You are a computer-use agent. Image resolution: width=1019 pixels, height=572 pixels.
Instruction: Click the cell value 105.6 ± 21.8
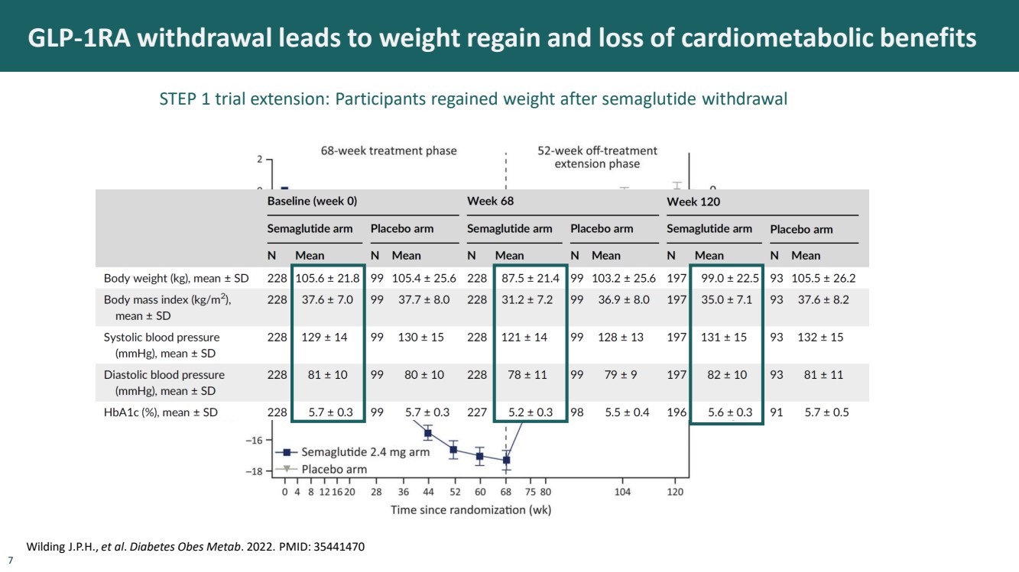tap(328, 279)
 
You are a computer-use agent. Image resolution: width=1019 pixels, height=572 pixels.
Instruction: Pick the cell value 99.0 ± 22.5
tap(730, 279)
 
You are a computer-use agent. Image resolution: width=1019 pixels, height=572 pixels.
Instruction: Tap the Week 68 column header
tap(490, 202)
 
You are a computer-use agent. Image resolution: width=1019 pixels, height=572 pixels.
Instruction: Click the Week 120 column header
tap(693, 202)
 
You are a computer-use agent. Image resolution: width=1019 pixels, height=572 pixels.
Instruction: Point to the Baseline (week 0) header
tap(312, 202)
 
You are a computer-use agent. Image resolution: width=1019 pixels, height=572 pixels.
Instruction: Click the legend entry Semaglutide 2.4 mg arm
tap(365, 452)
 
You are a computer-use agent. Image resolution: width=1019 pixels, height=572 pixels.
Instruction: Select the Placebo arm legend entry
tap(334, 469)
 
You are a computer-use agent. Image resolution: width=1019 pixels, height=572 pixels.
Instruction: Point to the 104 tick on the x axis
tap(623, 493)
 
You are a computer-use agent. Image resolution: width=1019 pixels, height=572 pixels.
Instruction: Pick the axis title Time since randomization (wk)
tap(471, 509)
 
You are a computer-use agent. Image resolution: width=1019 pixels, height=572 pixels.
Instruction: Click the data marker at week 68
tap(506, 461)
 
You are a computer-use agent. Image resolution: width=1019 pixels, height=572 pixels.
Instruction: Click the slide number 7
tap(10, 561)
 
